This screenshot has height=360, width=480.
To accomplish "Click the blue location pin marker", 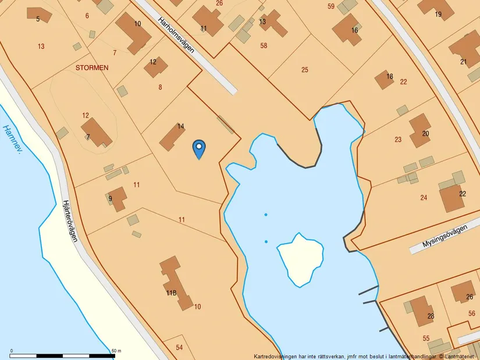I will tap(199, 148).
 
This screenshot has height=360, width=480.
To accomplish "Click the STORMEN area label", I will tap(92, 67).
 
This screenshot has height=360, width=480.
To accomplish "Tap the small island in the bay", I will tap(300, 258).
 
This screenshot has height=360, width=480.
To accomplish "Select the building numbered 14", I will tap(173, 137).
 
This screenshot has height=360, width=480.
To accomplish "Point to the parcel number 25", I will tap(305, 70).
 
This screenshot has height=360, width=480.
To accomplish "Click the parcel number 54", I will tap(179, 347).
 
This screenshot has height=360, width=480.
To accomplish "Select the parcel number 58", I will tap(264, 45).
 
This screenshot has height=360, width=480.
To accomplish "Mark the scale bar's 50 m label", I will tap(116, 351).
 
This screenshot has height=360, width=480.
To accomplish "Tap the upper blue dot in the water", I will tap(266, 215).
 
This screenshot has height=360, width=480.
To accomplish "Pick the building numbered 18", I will tap(383, 80).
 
